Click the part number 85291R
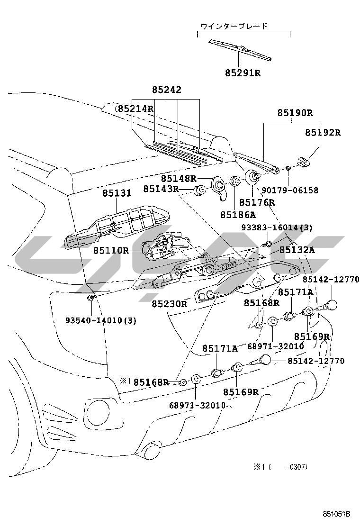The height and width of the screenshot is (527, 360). (242, 73)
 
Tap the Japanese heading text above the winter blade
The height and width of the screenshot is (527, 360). (234, 26)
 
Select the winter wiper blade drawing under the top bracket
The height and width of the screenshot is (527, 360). (241, 49)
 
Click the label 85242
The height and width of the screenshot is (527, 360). (166, 90)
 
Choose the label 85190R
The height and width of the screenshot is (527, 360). (295, 113)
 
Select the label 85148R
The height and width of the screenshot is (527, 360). (178, 178)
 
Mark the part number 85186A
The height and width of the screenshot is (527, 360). (237, 214)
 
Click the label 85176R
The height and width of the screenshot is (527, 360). (257, 202)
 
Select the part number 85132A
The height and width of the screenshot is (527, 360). (297, 250)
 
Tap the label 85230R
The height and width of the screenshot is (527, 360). (169, 303)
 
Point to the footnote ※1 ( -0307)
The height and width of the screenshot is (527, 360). (280, 467)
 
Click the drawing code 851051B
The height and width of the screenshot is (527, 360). (336, 514)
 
